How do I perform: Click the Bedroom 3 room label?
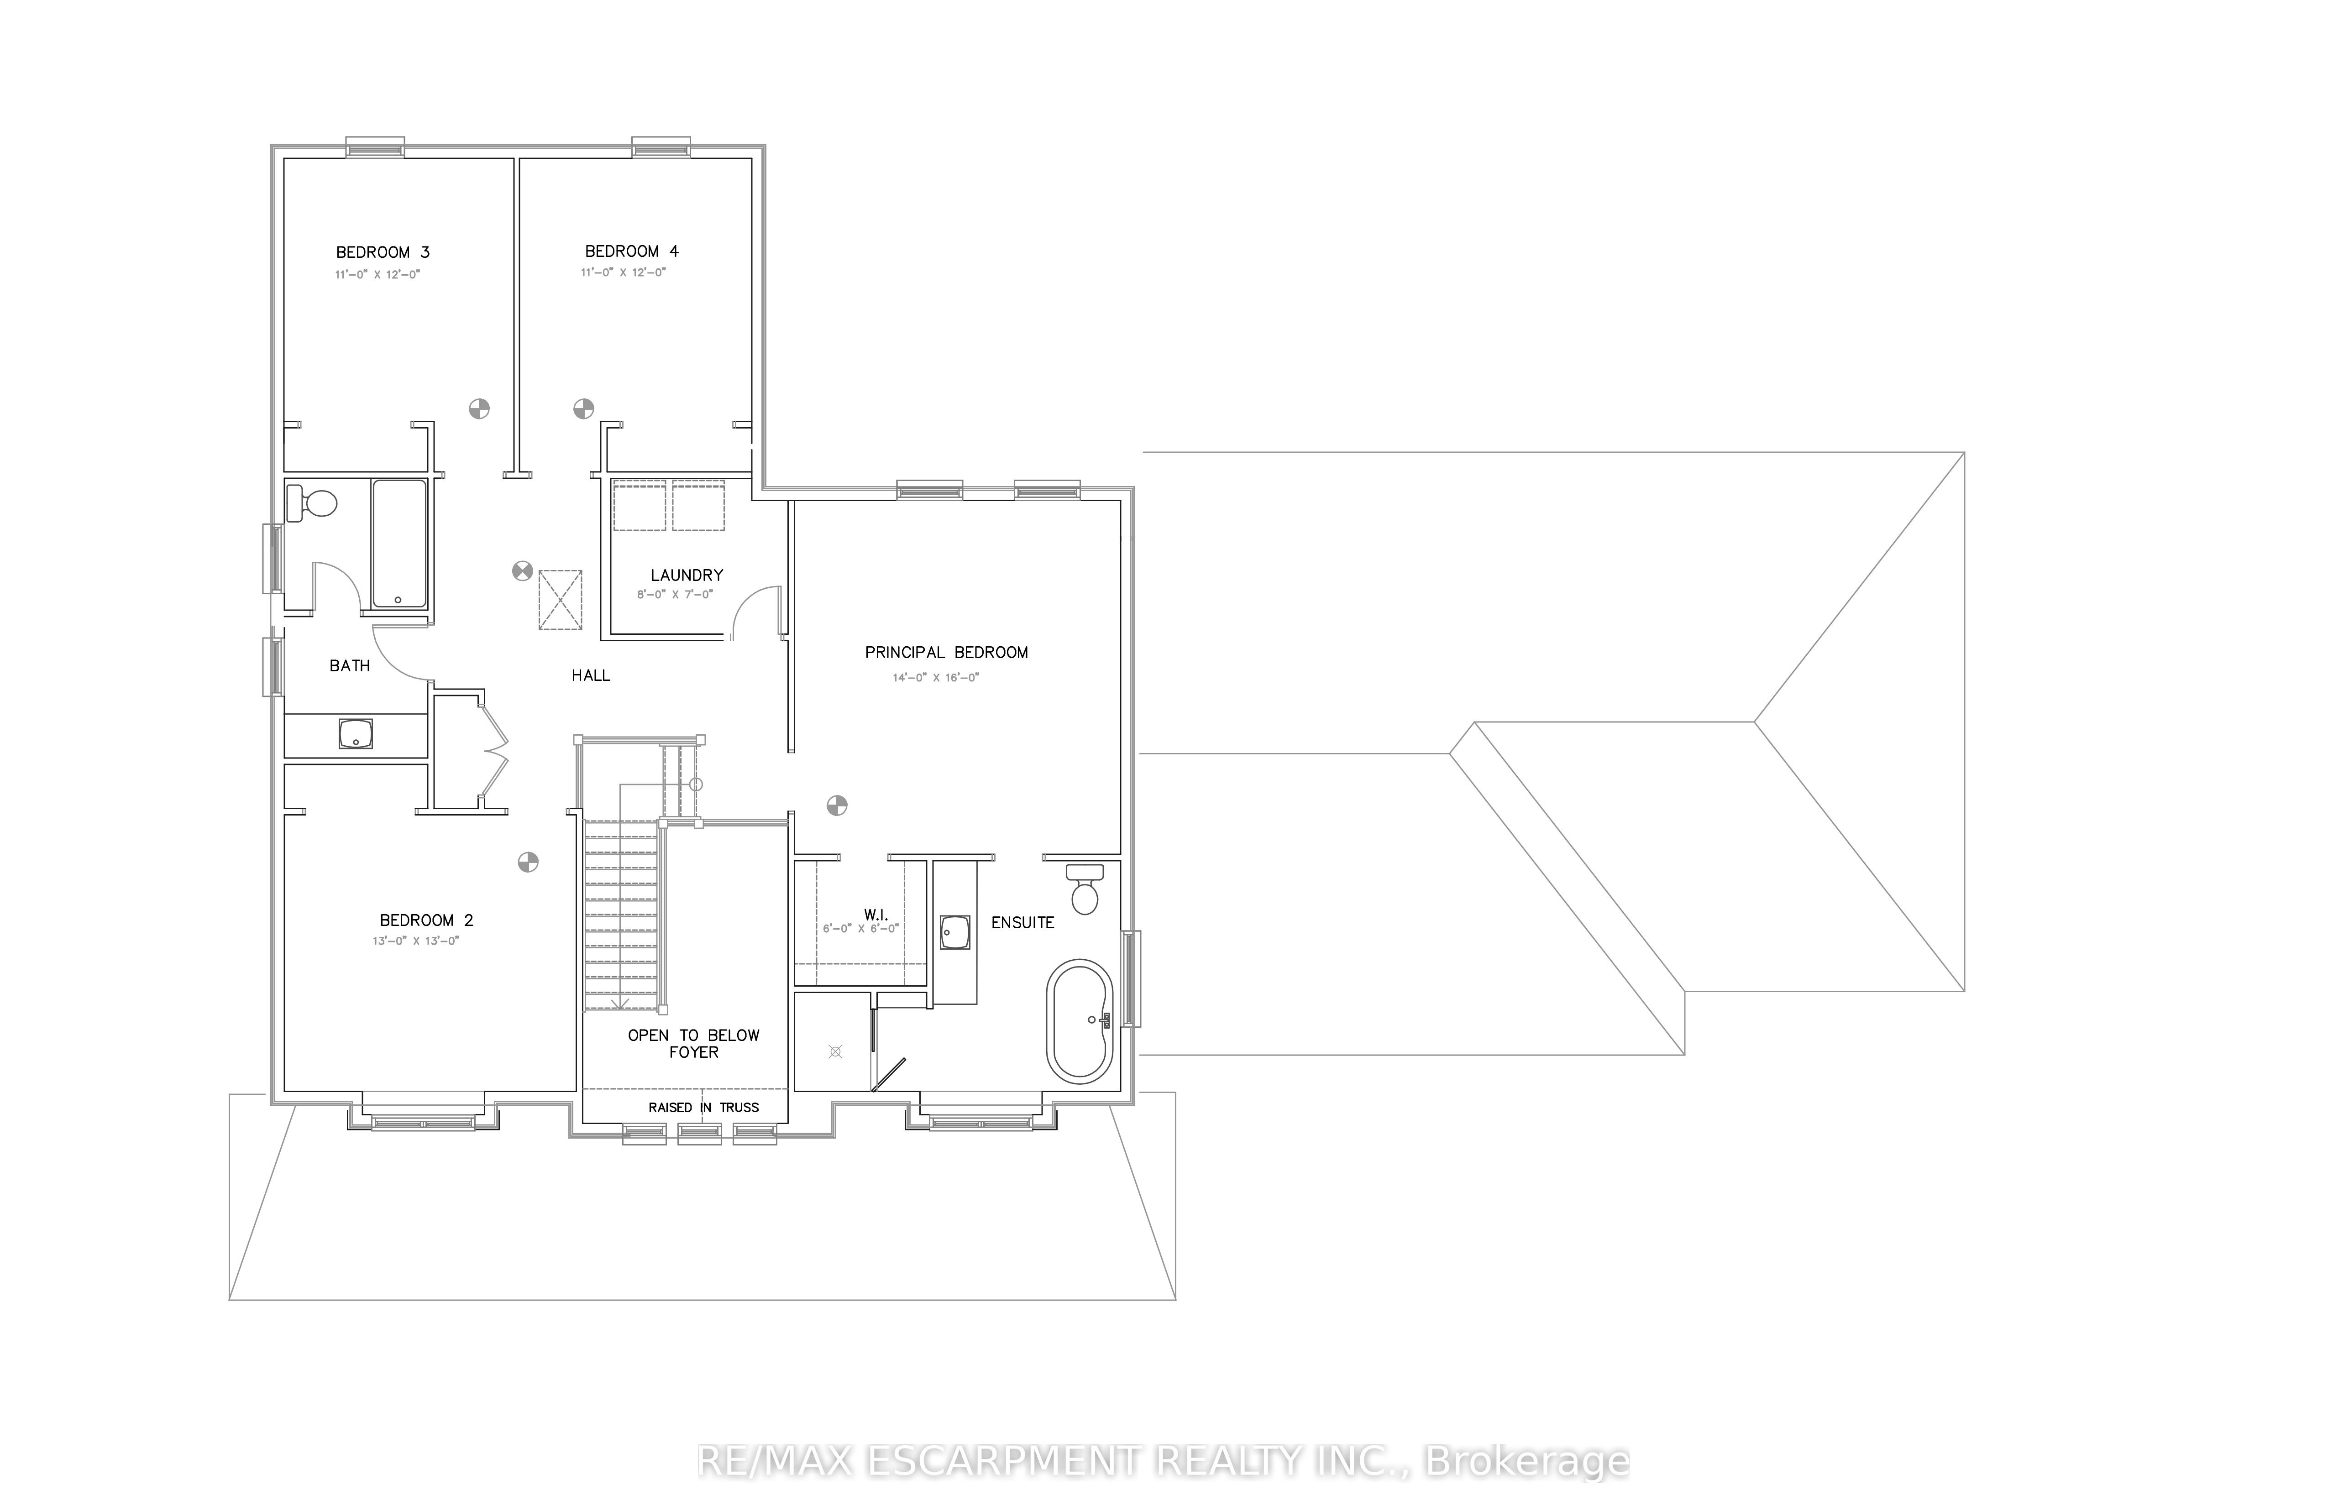[x=383, y=252]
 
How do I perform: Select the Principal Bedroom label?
[x=946, y=652]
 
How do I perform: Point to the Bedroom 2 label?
[x=426, y=920]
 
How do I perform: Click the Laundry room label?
[x=687, y=575]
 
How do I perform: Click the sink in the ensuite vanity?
[x=954, y=932]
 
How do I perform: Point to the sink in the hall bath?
[x=355, y=733]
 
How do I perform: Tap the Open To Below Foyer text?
[x=693, y=1043]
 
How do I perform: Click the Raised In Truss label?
[x=703, y=1107]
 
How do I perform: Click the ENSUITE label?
[x=1022, y=922]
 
